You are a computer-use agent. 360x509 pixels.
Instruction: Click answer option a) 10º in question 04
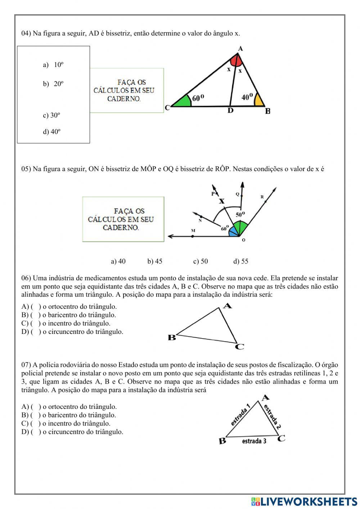pyautogui.click(x=53, y=65)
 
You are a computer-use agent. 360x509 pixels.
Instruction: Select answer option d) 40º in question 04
pyautogui.click(x=51, y=132)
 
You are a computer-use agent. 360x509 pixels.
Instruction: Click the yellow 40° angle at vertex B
pyautogui.click(x=259, y=101)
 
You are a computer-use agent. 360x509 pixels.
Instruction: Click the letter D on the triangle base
pyautogui.click(x=230, y=111)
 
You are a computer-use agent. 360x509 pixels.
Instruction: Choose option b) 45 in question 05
pyautogui.click(x=154, y=262)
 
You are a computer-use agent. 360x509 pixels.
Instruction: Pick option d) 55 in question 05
pyautogui.click(x=240, y=262)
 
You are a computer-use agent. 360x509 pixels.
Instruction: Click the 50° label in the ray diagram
pyautogui.click(x=240, y=215)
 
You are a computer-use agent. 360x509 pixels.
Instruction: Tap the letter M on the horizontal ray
pyautogui.click(x=193, y=231)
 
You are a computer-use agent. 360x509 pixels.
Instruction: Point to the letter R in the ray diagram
pyautogui.click(x=262, y=197)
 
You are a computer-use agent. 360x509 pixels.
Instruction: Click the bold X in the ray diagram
pyautogui.click(x=222, y=201)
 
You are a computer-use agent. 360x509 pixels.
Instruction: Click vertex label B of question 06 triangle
pyautogui.click(x=172, y=338)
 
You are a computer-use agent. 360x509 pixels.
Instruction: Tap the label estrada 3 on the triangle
pyautogui.click(x=254, y=441)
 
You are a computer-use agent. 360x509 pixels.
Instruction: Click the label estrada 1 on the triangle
pyautogui.click(x=240, y=415)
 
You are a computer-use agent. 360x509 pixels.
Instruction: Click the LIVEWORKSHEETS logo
pyautogui.click(x=304, y=501)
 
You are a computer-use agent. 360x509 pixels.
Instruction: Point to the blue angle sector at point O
pyautogui.click(x=233, y=232)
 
